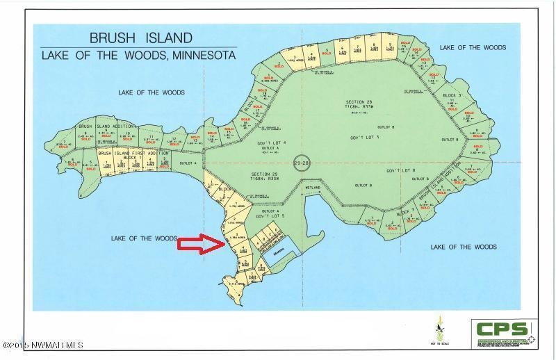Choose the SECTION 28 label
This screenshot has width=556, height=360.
[359, 103]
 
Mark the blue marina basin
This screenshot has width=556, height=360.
[282, 259]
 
